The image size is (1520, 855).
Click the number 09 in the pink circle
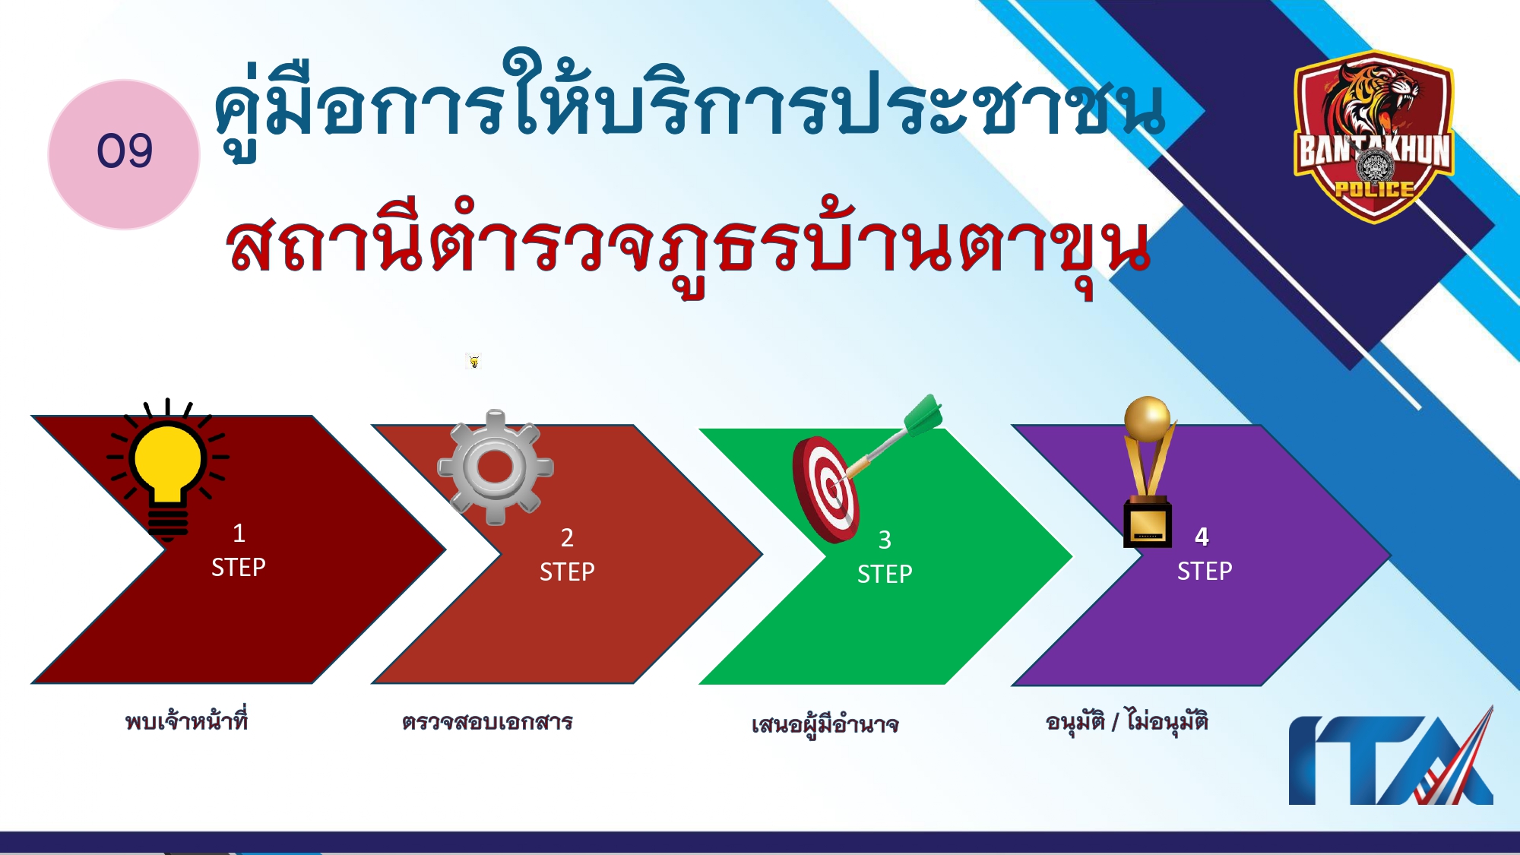(x=125, y=150)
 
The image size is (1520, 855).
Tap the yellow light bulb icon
(x=167, y=460)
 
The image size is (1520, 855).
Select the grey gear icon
(x=496, y=467)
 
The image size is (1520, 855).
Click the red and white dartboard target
(x=826, y=489)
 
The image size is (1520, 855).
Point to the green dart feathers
(x=923, y=415)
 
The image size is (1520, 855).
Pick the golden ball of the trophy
(x=1147, y=418)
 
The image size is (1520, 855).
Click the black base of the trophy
(x=1148, y=524)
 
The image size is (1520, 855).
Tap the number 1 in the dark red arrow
(x=239, y=533)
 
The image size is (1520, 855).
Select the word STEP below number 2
(x=567, y=572)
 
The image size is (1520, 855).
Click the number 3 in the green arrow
(x=885, y=540)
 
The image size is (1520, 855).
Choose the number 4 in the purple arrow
(x=1202, y=537)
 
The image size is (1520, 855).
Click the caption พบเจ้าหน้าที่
(x=187, y=720)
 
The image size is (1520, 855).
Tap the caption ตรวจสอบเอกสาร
(x=487, y=722)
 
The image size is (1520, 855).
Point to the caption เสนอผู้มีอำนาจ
(x=825, y=725)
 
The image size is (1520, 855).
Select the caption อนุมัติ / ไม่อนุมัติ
(x=1126, y=720)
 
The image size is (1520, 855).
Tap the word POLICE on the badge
(x=1374, y=189)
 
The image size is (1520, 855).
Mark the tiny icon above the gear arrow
(x=474, y=361)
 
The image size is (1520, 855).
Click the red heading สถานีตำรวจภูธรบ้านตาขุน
(x=688, y=247)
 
